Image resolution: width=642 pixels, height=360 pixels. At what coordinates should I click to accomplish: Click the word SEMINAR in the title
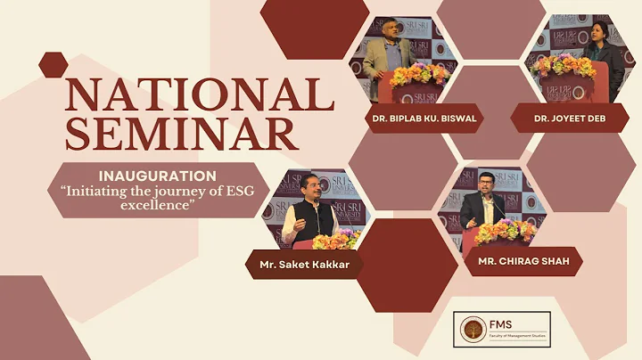pos(181,134)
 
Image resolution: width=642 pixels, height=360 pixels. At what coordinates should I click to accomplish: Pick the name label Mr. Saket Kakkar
pos(303,264)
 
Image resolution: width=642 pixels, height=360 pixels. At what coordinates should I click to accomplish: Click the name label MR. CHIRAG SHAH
pos(523,261)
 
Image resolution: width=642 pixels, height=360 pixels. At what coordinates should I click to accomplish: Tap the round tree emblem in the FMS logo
pos(472,330)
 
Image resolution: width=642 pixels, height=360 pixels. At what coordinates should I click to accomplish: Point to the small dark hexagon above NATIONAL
pos(53,64)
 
